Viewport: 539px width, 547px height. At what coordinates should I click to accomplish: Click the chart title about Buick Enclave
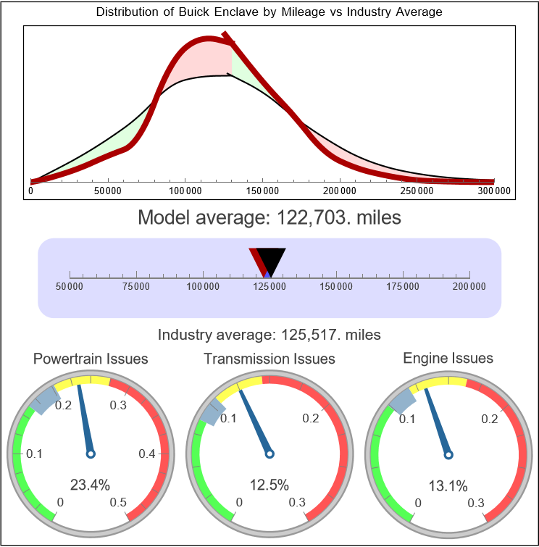point(269,12)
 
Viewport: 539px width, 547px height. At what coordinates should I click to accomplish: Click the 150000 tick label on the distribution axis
point(262,191)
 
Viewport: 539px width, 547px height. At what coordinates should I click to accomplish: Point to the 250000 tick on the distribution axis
point(417,191)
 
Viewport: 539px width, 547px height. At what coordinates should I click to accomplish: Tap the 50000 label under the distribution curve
point(108,191)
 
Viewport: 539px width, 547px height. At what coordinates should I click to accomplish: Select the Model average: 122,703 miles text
point(269,217)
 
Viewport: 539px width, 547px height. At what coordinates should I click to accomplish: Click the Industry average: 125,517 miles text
point(269,335)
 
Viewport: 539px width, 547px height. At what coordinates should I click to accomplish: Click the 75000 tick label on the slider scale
point(136,287)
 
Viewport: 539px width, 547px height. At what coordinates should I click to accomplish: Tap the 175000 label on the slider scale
point(403,287)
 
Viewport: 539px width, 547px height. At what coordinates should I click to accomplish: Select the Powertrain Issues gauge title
point(91,359)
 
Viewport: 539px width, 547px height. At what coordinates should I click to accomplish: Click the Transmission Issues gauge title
point(269,359)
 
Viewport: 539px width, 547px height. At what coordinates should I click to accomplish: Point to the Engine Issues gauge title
point(448,358)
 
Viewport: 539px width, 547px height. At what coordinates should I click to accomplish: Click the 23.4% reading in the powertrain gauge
point(91,485)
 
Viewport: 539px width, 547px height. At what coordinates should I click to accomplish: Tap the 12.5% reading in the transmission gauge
point(269,485)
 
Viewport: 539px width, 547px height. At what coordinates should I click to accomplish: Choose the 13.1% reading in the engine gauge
point(448,485)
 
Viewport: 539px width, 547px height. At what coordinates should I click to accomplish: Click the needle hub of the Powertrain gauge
point(91,454)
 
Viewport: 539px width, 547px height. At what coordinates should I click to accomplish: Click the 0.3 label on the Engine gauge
point(475,503)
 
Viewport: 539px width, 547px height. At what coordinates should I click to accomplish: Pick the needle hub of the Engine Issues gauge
point(448,454)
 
